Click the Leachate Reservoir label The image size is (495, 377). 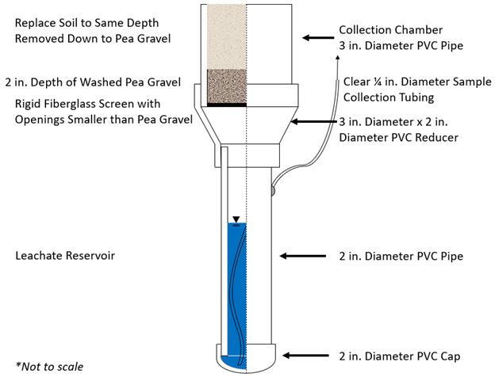point(52,257)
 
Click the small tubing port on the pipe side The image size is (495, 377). point(272,188)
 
